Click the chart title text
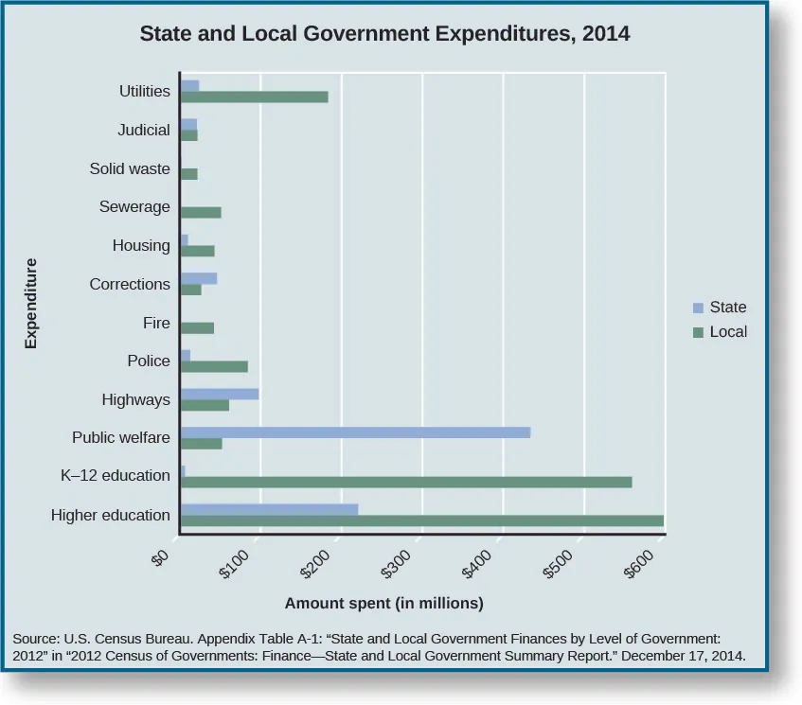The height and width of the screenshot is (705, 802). (384, 35)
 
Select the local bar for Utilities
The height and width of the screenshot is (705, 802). (254, 97)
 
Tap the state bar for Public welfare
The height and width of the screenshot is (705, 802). (354, 432)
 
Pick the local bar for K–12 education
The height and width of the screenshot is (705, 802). (405, 482)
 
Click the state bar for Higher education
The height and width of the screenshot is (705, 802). (269, 509)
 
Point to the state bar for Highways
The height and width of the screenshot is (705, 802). (219, 393)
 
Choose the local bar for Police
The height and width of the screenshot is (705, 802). (213, 366)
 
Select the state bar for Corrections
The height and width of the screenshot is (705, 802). (198, 278)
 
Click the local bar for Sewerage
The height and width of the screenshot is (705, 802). (200, 212)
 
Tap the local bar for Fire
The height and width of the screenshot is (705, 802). (196, 327)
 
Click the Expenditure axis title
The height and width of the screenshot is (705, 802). (31, 304)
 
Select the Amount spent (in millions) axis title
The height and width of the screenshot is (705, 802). (384, 603)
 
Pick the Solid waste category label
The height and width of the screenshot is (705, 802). (130, 168)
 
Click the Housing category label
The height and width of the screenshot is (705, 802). (141, 245)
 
